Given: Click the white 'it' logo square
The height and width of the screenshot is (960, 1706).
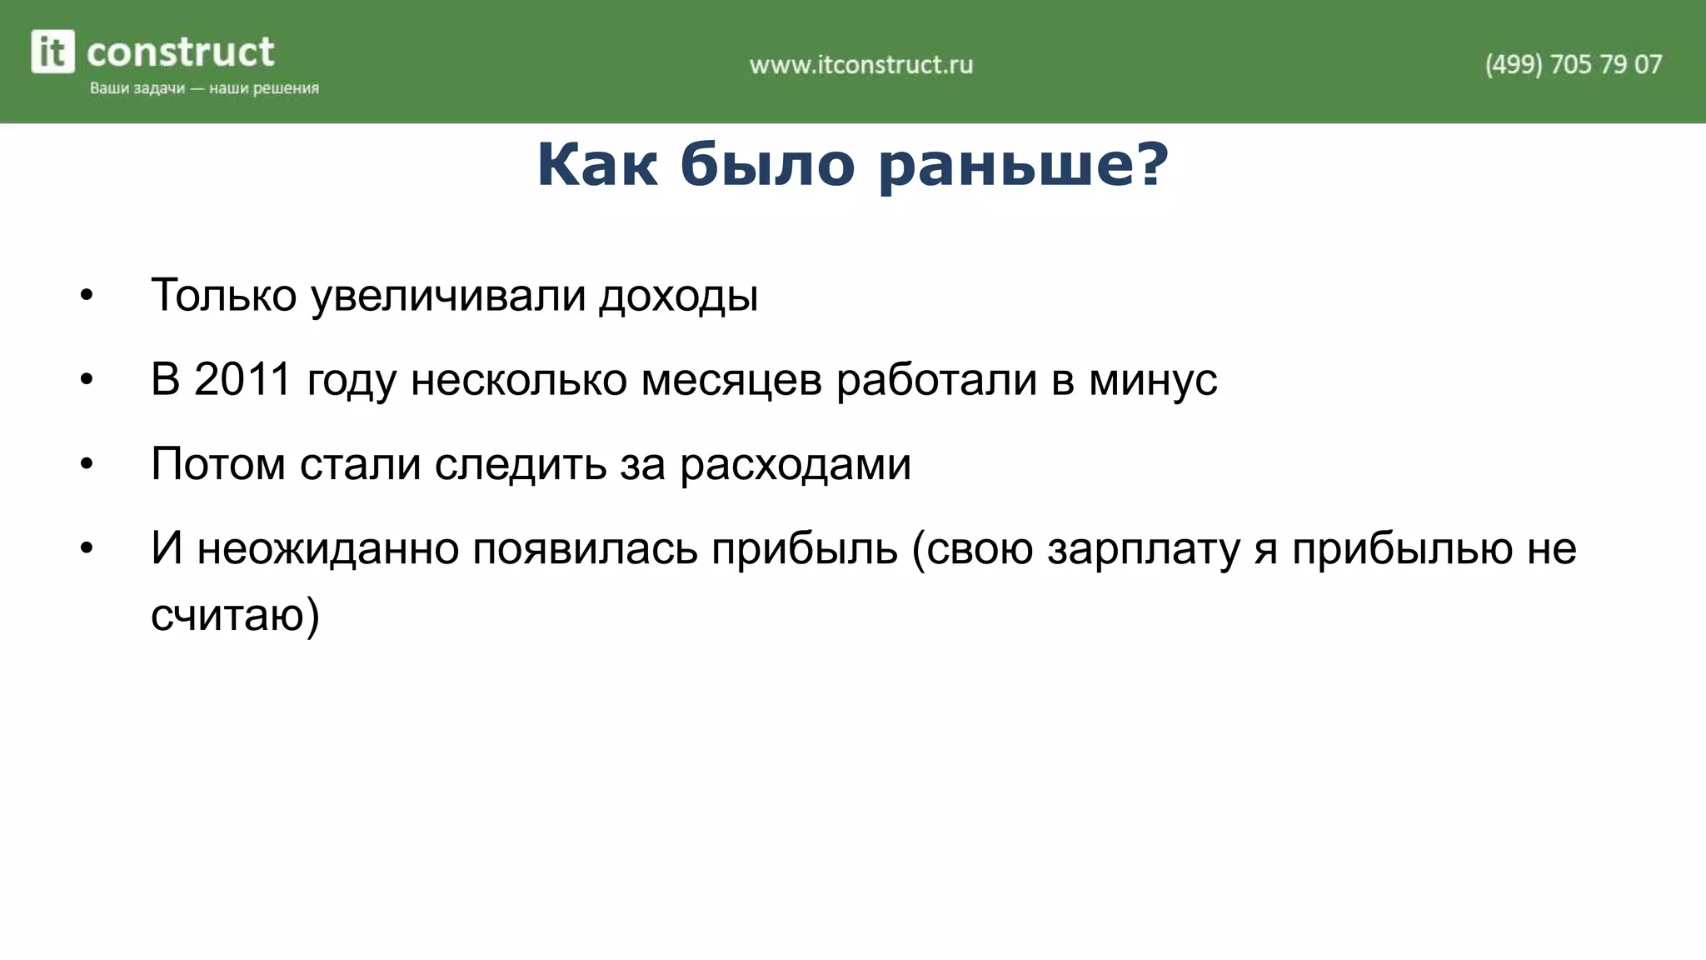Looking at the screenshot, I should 52,52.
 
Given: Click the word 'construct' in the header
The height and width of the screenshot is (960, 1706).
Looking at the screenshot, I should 180,52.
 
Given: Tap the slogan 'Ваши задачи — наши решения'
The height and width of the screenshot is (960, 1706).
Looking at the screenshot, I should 204,88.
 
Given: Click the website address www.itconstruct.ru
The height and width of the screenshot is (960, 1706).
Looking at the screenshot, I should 860,65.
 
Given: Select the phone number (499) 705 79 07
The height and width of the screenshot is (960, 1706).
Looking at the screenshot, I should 1573,65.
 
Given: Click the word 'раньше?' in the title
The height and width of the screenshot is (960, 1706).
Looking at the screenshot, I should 1024,165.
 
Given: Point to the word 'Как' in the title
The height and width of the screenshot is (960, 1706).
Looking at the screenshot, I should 596,165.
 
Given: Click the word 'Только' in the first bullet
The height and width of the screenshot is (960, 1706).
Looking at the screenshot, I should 223,295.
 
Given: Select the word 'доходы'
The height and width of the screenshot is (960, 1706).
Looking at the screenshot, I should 678,297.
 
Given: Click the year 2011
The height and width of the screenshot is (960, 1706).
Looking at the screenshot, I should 242,380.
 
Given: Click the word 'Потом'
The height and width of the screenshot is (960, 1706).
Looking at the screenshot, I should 218,464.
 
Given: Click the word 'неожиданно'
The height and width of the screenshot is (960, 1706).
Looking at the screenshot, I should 328,549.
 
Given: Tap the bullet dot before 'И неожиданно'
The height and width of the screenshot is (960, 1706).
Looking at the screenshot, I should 87,549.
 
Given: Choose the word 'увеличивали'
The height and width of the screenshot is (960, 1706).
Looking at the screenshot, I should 448,297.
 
